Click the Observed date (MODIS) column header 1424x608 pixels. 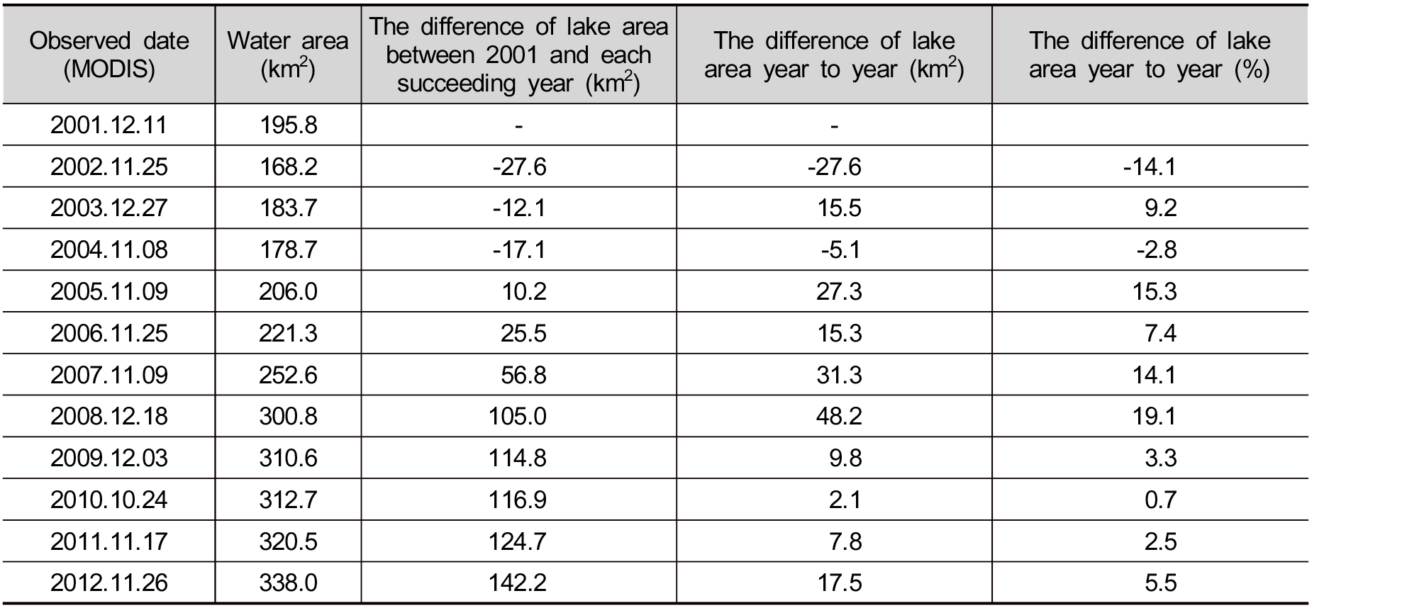(x=109, y=55)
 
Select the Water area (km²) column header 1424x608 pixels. (x=288, y=55)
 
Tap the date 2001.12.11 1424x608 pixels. (x=109, y=125)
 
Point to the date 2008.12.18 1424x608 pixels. (x=109, y=416)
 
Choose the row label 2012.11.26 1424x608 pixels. (x=109, y=583)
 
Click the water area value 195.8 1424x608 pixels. (x=288, y=125)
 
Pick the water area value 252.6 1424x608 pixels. (x=288, y=374)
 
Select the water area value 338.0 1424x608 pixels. (x=288, y=583)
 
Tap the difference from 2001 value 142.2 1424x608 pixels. (x=518, y=583)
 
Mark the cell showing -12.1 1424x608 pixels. (x=519, y=208)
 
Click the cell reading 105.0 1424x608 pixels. (x=518, y=416)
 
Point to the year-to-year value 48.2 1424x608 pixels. (x=839, y=416)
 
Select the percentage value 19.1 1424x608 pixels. (x=1155, y=416)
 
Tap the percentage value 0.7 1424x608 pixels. (x=1160, y=500)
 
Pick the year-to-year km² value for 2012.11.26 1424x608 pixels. (x=839, y=583)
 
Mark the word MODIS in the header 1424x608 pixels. (x=109, y=69)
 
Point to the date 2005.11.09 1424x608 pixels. (x=109, y=291)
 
